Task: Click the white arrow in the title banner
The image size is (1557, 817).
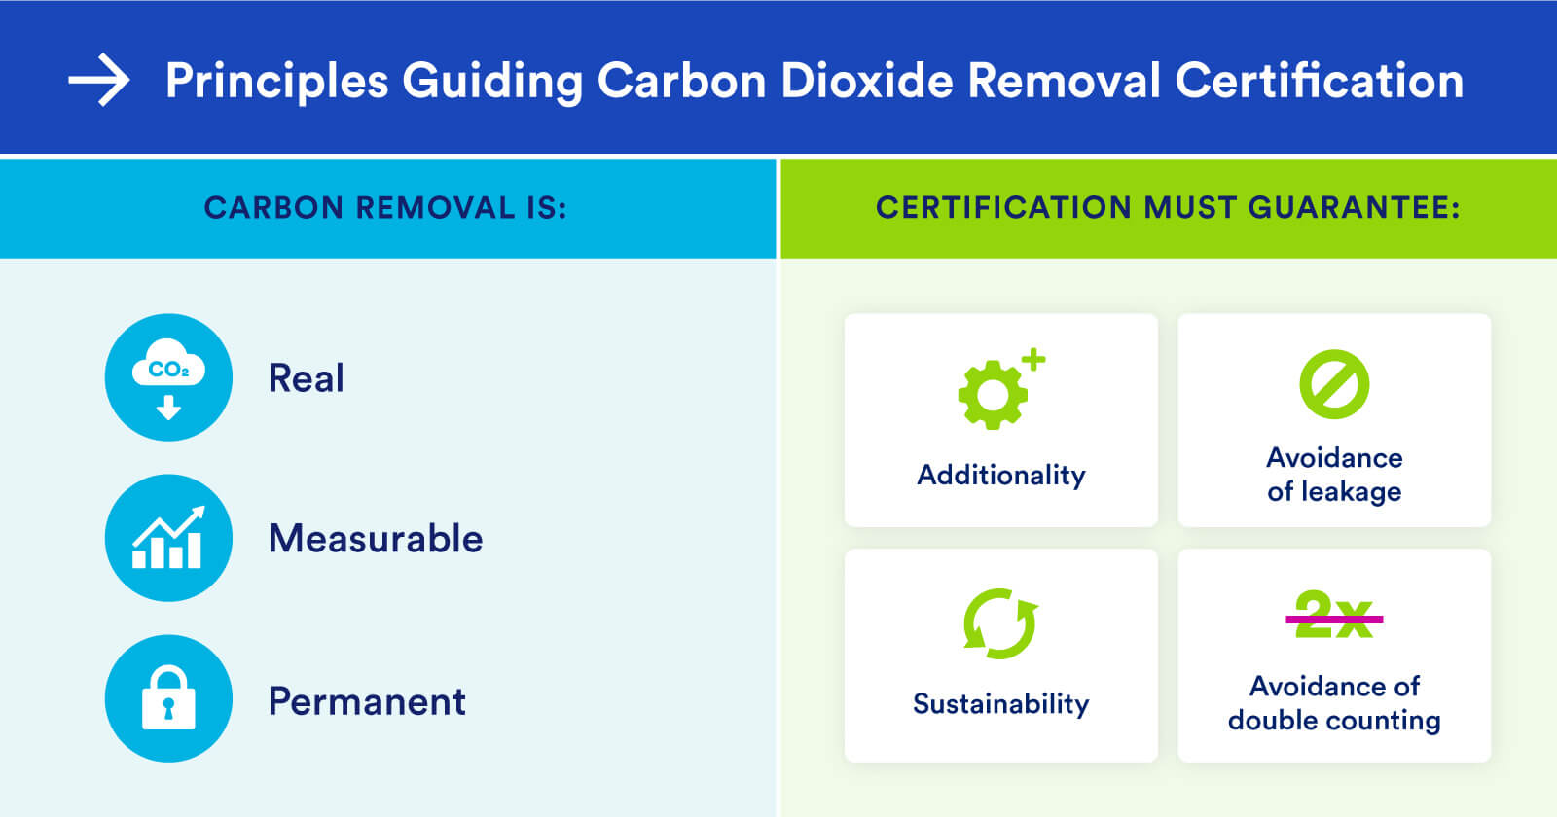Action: (x=98, y=80)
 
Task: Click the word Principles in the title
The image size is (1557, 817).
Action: (x=276, y=82)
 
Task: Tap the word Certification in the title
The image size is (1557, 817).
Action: (x=1320, y=80)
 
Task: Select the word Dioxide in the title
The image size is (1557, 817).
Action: (x=866, y=80)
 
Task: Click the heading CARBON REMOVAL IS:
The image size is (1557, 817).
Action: (x=385, y=208)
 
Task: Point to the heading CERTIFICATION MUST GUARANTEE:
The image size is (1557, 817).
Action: (x=1168, y=208)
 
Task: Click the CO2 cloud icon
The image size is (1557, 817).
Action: (x=169, y=377)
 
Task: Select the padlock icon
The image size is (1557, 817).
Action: (x=169, y=698)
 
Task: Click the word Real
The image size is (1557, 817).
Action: (x=306, y=378)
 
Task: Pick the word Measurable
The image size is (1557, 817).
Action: (x=376, y=539)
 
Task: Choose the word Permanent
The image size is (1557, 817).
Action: (x=367, y=701)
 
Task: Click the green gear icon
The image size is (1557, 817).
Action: (x=993, y=395)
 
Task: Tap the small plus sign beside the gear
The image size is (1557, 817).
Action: (x=1033, y=359)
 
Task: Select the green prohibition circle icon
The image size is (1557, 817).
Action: (x=1334, y=384)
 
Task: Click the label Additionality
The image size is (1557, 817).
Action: (x=1001, y=476)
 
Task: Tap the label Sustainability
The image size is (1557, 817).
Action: (x=1001, y=704)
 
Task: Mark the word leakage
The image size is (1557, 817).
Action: (x=1352, y=492)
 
